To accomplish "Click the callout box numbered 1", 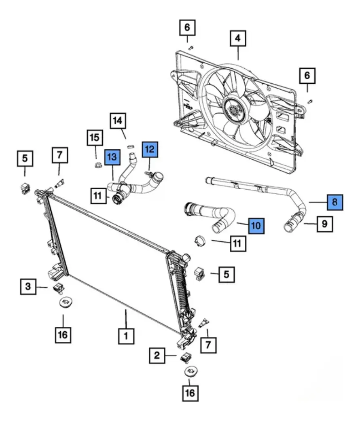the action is (126, 336).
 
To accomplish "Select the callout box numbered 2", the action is (157, 355).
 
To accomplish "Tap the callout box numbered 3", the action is (28, 286).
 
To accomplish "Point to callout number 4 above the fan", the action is (238, 38).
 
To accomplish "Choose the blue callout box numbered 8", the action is (335, 202).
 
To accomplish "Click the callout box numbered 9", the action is (325, 224).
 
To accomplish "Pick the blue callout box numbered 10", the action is (256, 226).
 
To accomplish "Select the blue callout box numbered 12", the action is (150, 149).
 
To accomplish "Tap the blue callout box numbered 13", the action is (112, 157).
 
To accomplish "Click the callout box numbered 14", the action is (118, 121).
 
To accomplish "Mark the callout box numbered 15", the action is (95, 138).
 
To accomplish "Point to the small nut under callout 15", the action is (98, 165).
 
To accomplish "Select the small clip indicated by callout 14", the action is (131, 146).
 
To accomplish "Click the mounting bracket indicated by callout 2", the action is (186, 358).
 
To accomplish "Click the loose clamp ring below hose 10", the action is (200, 240).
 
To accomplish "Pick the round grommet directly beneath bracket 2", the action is (191, 372).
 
